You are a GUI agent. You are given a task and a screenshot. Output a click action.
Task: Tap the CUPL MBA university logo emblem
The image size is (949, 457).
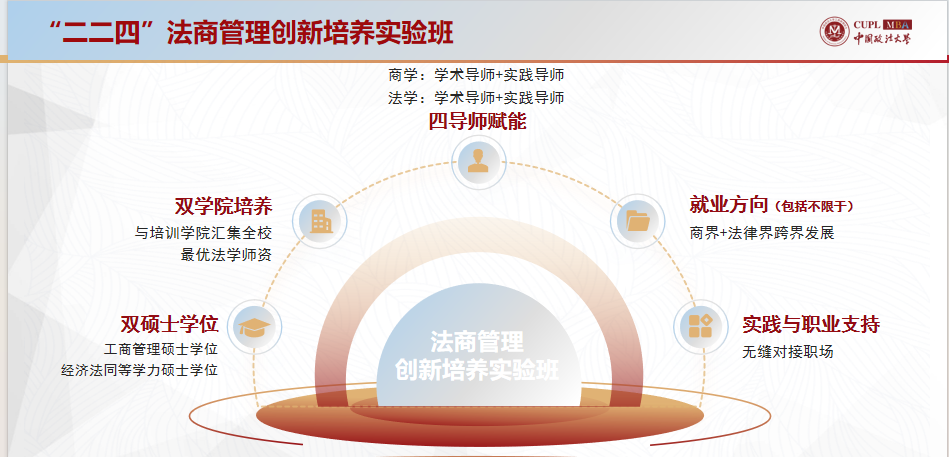835,32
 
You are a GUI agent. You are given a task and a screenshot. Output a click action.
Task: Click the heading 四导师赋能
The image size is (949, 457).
478,122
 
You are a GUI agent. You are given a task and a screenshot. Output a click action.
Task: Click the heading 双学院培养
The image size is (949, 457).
223,207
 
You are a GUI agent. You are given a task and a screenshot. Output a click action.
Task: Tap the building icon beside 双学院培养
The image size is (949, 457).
320,221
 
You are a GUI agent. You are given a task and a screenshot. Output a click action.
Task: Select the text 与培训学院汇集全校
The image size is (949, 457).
203,233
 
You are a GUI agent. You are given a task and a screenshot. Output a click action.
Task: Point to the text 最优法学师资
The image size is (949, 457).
226,255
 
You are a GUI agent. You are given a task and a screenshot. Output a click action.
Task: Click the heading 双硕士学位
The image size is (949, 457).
169,324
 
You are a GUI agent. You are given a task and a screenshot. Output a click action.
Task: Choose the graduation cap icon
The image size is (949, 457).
254,327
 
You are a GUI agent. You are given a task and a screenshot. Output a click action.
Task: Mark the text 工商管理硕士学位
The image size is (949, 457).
160,349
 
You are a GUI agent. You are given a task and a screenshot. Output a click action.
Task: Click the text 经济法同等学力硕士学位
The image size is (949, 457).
140,370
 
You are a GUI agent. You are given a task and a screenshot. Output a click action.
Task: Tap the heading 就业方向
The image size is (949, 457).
728,205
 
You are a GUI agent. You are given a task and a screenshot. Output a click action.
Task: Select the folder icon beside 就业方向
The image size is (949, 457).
638,220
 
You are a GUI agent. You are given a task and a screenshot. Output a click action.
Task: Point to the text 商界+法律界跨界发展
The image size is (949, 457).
762,233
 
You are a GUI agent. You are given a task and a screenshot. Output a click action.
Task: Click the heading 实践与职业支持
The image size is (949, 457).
811,324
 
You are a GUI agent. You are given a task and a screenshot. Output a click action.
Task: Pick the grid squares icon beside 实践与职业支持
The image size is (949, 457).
701,326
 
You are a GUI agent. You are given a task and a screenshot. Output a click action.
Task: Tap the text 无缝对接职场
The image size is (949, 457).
788,352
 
